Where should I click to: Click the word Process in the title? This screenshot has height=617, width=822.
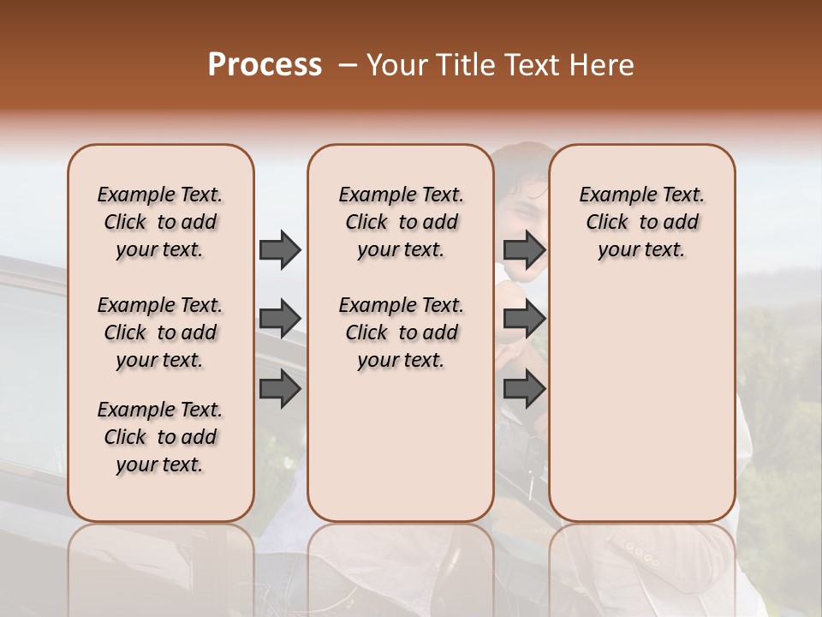point(265,65)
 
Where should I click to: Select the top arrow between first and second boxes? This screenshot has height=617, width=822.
point(280,249)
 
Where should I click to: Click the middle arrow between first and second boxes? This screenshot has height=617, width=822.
point(280,319)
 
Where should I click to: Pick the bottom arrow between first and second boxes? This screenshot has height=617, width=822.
point(280,389)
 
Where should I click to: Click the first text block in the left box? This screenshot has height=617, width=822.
point(160,222)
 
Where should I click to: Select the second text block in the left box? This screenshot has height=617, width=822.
point(160,332)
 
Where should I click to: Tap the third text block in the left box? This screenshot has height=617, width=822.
point(160,437)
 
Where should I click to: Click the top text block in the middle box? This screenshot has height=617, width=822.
point(401,222)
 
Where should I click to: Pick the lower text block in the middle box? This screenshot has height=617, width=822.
point(401,332)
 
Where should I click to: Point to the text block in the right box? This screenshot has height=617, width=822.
point(641,222)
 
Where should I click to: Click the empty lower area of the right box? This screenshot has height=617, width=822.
point(641,403)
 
